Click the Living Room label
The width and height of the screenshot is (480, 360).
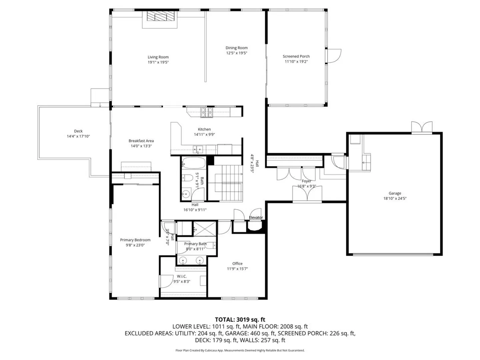click(x=158, y=57)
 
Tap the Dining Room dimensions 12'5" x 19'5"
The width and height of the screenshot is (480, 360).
click(x=236, y=53)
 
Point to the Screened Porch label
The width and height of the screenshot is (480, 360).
click(x=296, y=56)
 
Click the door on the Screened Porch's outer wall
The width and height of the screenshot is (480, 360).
click(x=334, y=56)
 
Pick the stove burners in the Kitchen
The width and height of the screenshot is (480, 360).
click(x=207, y=112)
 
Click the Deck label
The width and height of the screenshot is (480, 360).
click(x=78, y=131)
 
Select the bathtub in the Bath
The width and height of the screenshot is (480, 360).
click(x=193, y=163)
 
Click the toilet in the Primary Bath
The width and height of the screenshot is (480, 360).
click(x=211, y=246)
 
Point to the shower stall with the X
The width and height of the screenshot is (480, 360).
click(x=204, y=229)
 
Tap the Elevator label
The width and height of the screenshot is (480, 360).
click(x=256, y=217)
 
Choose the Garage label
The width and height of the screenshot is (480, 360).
click(x=395, y=193)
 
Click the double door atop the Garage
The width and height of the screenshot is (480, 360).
click(x=422, y=127)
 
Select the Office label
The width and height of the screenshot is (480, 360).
click(x=237, y=263)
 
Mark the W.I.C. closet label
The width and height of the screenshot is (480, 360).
click(x=182, y=276)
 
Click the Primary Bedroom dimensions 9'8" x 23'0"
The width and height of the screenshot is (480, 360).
click(x=135, y=245)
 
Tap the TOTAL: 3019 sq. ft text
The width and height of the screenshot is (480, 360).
click(x=240, y=320)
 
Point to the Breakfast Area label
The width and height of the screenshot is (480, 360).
click(x=141, y=141)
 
